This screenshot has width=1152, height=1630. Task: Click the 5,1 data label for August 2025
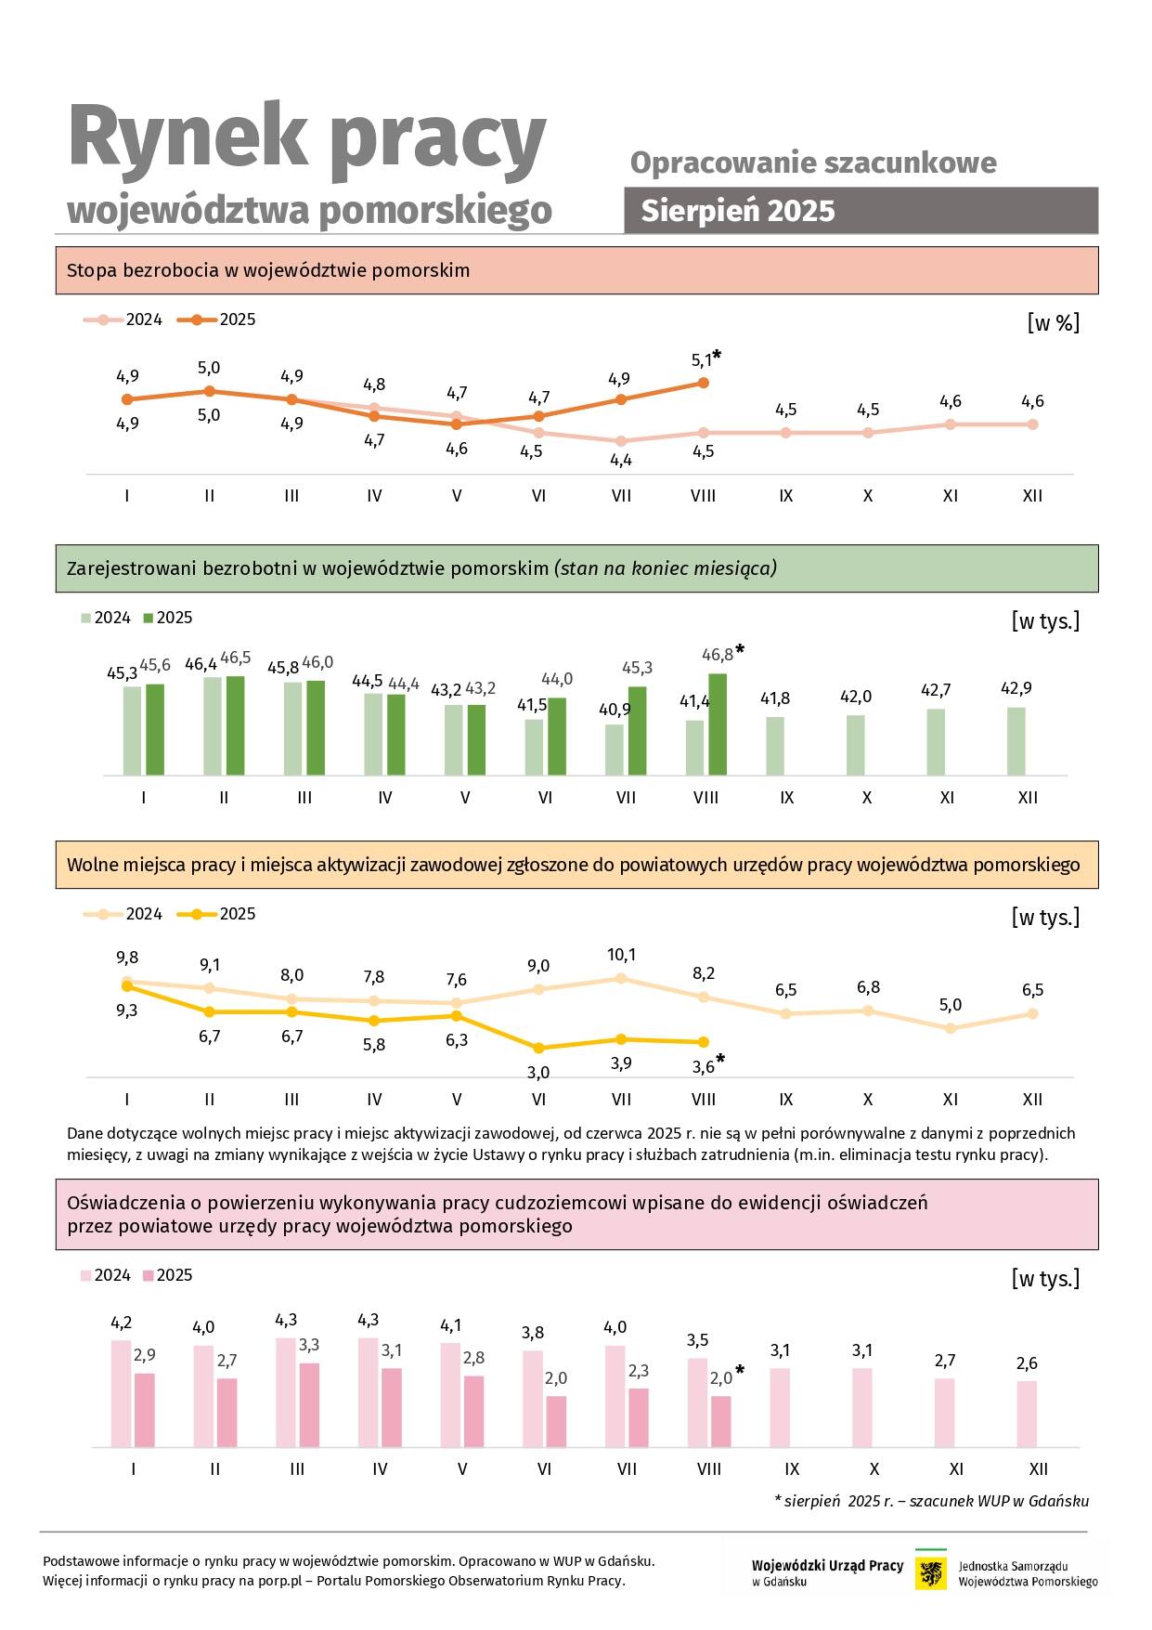pos(702,360)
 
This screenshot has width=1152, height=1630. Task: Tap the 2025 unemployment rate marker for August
pos(703,383)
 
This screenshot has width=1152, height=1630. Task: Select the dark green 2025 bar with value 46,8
pos(718,724)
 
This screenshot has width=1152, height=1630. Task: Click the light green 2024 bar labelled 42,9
pos(1016,741)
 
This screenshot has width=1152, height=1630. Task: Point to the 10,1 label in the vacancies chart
pos(621,955)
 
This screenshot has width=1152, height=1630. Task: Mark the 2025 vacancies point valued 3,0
pos(538,1048)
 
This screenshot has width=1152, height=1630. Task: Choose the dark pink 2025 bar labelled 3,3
pos(309,1404)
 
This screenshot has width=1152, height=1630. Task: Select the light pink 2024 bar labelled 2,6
pos(1027,1414)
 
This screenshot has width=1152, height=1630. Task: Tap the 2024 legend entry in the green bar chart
pos(106,618)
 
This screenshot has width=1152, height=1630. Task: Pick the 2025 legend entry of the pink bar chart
pos(167,1275)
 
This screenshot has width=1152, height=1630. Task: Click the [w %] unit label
pos(1053,323)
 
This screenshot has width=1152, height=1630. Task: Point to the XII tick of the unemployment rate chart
pos(1032,496)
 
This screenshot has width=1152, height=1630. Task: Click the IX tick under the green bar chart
pos(786,798)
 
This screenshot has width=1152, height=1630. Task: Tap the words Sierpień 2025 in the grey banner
pos(738,211)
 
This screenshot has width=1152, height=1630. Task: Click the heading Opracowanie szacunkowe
pos(813,163)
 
